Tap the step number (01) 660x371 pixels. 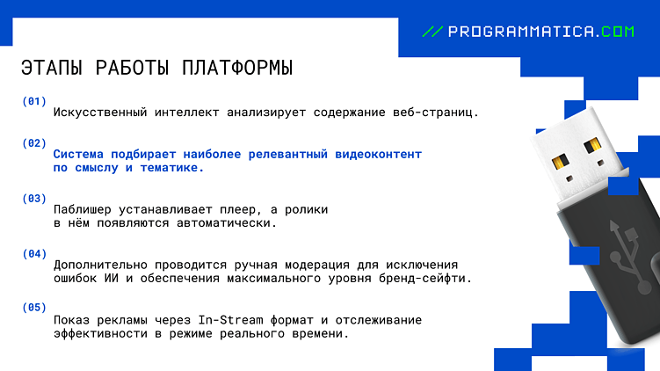click(34, 101)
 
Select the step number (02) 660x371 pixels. click(34, 142)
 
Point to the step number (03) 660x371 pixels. click(34, 199)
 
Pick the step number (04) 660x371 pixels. click(34, 254)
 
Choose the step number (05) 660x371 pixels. click(34, 308)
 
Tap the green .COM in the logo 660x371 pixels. click(617, 32)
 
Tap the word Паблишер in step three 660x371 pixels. click(83, 210)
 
